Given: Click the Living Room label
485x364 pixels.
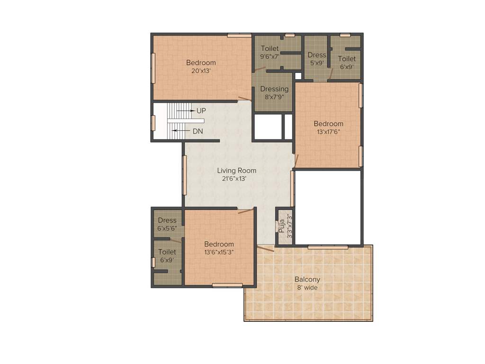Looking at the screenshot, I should tap(236, 171).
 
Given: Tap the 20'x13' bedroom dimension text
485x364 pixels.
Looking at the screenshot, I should tap(201, 71).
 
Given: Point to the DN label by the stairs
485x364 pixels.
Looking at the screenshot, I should tap(198, 131).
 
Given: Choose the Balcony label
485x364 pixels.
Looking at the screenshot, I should tap(307, 280).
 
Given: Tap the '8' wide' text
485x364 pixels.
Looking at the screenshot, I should tap(307, 288).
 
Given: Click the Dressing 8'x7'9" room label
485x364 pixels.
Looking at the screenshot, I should tap(274, 89).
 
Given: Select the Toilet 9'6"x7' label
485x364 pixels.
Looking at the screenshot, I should tap(270, 48).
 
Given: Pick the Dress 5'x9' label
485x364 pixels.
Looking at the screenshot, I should tap(317, 55).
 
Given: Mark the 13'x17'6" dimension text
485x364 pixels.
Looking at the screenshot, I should tap(328, 132).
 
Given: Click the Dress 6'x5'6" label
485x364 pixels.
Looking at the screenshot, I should tap(167, 220).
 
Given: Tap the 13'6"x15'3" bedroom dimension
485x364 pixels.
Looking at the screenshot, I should tap(219, 252).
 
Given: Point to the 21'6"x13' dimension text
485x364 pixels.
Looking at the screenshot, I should tap(236, 179).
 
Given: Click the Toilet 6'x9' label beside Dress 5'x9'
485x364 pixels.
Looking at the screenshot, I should tap(346, 59).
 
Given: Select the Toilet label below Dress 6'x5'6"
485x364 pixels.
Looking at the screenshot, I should tap(167, 252).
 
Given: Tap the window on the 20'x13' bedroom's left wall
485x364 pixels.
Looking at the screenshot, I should tap(153, 68).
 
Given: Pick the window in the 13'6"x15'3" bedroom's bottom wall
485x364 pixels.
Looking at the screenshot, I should tap(227, 285).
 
